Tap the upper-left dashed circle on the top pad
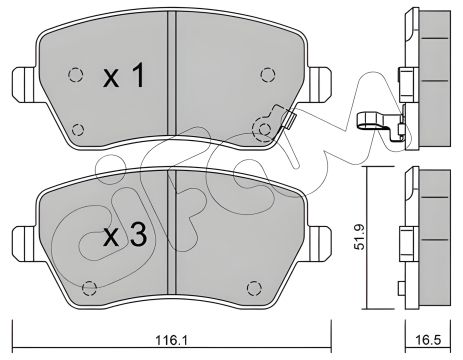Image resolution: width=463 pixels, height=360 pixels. click(74, 72)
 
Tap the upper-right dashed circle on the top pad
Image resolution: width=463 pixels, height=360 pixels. click(265, 72)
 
